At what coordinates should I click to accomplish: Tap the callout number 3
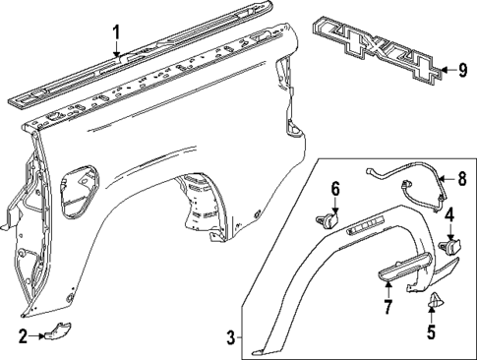tap(230, 338)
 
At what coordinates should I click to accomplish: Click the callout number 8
tap(461, 178)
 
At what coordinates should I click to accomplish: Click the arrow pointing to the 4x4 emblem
tap(446, 69)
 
